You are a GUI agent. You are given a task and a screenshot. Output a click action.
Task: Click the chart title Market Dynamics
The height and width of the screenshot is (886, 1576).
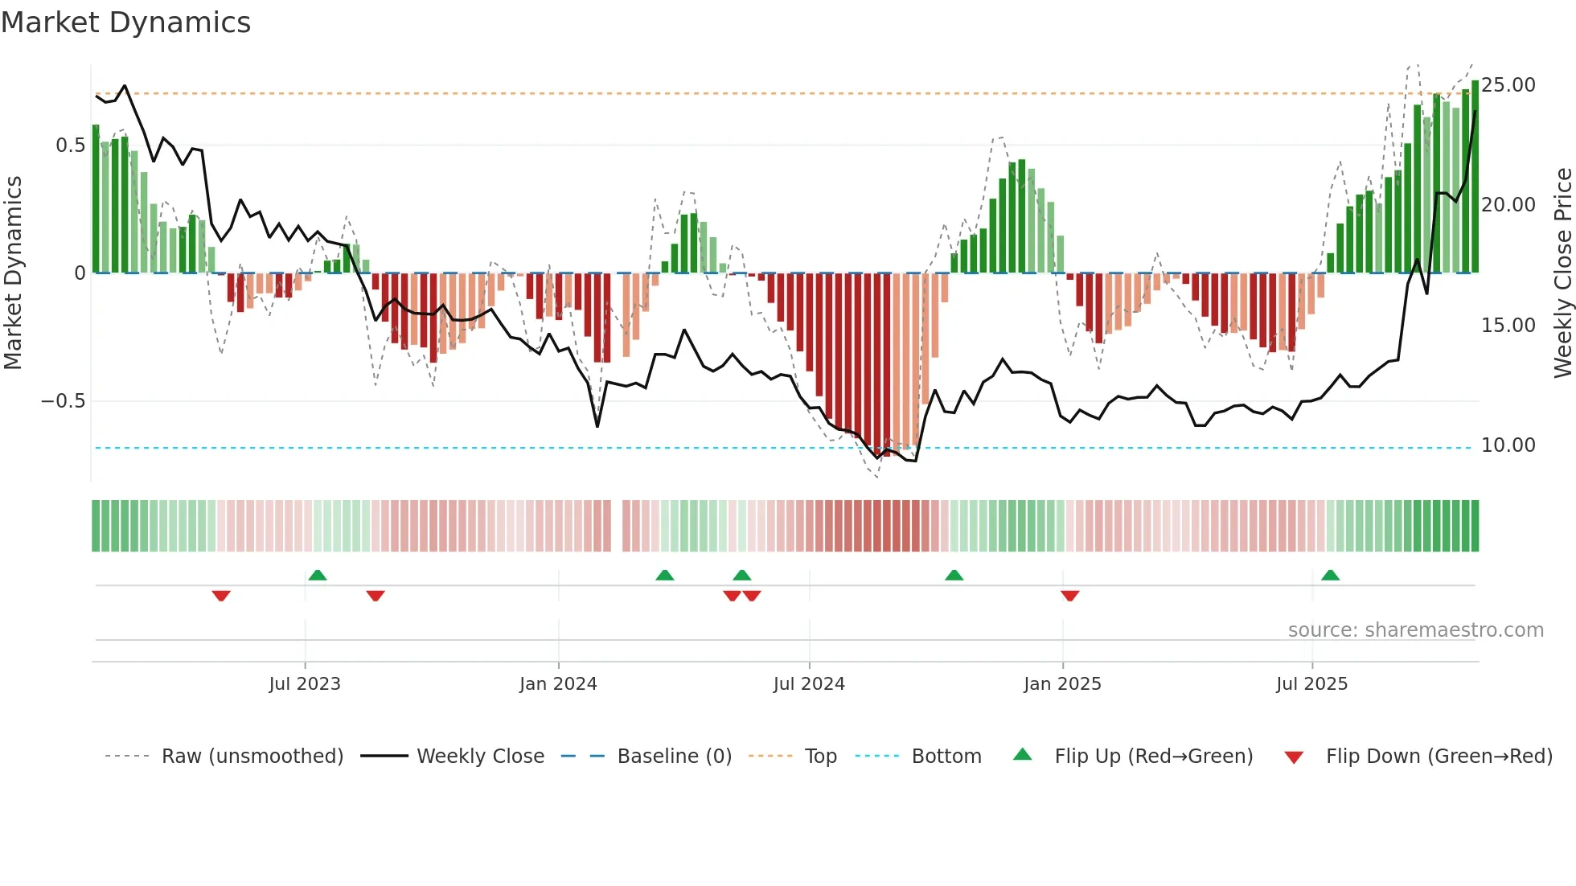click(126, 23)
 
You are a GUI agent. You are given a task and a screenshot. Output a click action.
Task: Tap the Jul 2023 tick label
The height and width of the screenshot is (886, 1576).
click(305, 684)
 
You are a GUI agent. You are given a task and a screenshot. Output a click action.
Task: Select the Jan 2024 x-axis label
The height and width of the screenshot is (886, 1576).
click(558, 684)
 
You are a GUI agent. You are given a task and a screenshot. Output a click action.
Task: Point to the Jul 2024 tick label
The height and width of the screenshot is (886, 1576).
click(809, 684)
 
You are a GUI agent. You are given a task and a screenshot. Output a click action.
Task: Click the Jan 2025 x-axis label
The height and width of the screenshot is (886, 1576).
click(1062, 684)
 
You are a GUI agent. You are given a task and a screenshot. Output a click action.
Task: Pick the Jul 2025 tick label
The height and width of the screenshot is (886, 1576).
click(1311, 684)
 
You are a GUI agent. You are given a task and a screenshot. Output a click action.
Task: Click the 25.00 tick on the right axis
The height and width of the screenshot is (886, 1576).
click(1508, 85)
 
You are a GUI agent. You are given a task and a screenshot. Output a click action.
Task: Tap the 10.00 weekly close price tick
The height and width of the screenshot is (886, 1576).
click(1508, 445)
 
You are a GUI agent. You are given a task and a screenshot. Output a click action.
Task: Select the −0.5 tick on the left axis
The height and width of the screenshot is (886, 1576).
click(64, 401)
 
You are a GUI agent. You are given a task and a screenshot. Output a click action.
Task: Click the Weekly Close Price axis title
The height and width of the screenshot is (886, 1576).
click(1562, 273)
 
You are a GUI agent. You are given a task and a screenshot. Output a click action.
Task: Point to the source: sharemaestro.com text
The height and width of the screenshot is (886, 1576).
click(1415, 630)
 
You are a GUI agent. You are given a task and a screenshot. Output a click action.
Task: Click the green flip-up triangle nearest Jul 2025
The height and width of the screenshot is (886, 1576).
click(1330, 576)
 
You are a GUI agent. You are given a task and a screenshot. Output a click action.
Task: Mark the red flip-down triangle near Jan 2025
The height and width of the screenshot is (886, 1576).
click(1069, 596)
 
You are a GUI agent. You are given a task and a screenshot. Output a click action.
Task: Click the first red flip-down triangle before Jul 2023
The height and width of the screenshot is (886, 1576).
click(221, 596)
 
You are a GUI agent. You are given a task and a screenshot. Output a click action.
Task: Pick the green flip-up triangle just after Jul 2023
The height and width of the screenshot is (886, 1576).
click(318, 576)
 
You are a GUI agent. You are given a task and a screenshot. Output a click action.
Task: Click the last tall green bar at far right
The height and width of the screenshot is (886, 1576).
click(1475, 177)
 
